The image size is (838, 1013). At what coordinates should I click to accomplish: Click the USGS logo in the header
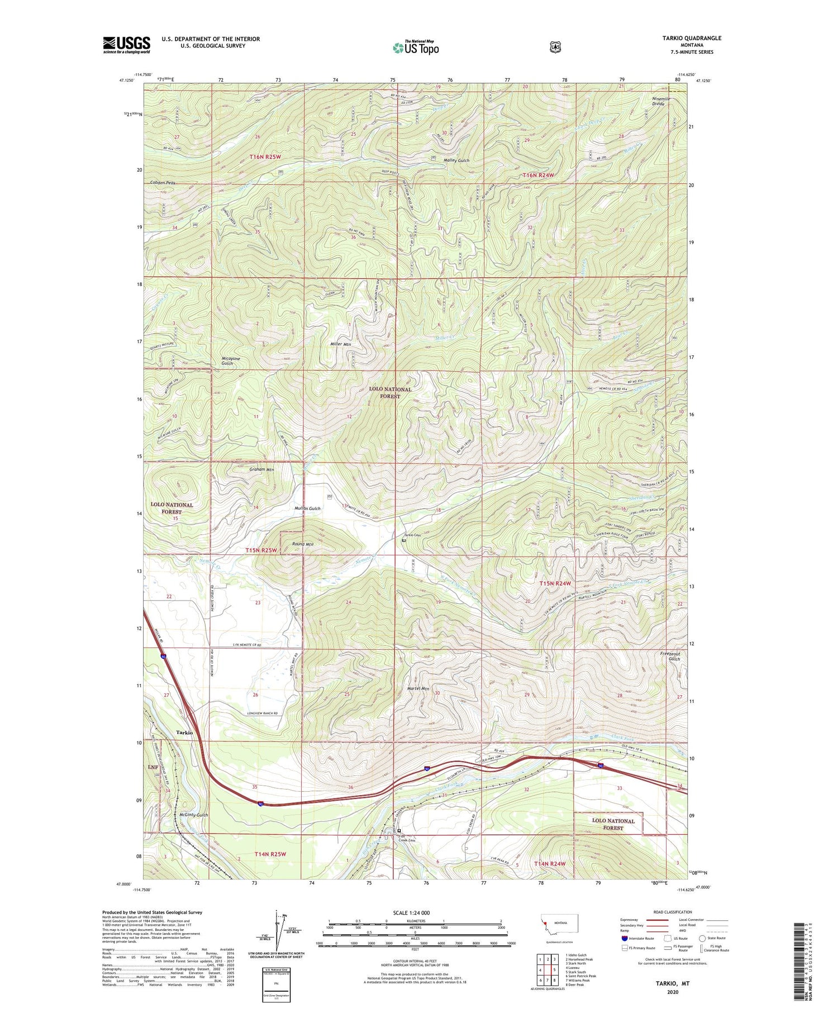click(x=126, y=45)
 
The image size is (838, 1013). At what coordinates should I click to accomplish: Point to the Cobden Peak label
click(x=163, y=183)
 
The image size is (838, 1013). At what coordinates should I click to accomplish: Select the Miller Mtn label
click(x=340, y=345)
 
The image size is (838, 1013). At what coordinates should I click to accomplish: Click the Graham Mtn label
click(x=261, y=469)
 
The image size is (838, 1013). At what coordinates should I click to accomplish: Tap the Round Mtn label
click(x=303, y=544)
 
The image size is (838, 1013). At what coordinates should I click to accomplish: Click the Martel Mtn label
click(x=418, y=688)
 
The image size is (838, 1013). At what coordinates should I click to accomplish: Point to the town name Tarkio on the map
click(x=184, y=732)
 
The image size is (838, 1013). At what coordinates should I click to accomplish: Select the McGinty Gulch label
click(x=194, y=815)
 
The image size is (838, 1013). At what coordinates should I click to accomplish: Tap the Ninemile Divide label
click(x=661, y=102)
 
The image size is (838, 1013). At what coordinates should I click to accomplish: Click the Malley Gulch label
click(x=456, y=160)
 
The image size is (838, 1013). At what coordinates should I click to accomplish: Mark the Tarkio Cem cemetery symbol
click(x=404, y=540)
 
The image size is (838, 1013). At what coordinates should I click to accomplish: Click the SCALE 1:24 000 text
click(x=411, y=912)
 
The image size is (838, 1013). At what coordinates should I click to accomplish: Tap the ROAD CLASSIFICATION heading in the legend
click(x=669, y=912)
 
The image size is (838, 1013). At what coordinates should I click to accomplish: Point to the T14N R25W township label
click(x=270, y=854)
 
